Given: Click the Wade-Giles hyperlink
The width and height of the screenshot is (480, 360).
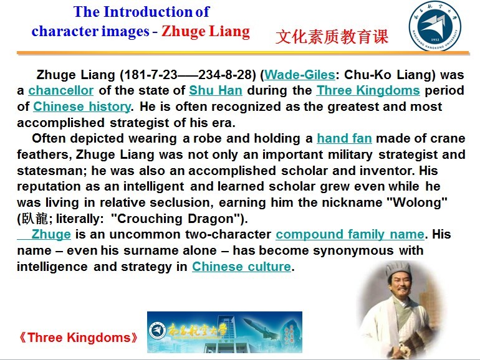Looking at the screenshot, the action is tap(300, 75).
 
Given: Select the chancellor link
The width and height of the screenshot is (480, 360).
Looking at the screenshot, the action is tap(61, 90).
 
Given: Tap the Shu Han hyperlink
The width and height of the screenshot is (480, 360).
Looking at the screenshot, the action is tap(216, 90).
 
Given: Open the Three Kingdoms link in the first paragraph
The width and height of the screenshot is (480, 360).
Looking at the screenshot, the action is tap(368, 90).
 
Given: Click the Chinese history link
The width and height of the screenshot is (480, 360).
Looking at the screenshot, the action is tap(82, 107).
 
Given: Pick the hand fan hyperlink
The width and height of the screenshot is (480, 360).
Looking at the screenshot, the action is tap(344, 138).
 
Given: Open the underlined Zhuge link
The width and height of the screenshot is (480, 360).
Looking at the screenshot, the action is tap(51, 235).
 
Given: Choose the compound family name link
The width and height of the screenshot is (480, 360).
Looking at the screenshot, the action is tap(350, 235).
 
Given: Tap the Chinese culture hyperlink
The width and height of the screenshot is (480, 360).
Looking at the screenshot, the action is tap(241, 267).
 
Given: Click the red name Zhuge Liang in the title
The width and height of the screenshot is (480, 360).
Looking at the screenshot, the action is tap(206, 32).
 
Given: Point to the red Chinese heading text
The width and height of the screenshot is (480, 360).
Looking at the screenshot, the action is tap(332, 37).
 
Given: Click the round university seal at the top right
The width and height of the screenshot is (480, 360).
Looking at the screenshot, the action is tap(434, 26).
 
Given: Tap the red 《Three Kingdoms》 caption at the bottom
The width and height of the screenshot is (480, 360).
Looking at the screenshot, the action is tap(78, 338).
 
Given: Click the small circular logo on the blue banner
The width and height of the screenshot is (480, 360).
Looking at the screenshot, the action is tap(157, 331).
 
